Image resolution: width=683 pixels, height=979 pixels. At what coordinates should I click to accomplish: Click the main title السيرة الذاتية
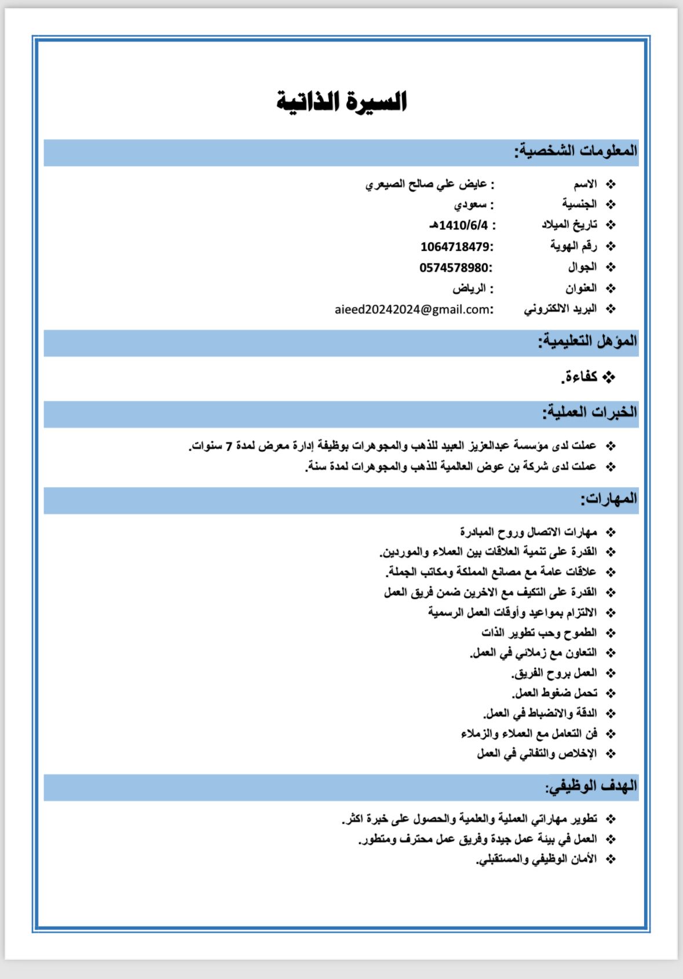341,101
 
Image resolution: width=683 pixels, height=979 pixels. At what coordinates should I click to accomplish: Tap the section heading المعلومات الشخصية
576,151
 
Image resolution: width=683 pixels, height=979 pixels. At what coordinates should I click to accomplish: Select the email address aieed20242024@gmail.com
412,309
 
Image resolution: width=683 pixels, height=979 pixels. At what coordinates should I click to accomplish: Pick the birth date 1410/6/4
462,225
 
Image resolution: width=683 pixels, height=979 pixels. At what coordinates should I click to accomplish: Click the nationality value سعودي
470,204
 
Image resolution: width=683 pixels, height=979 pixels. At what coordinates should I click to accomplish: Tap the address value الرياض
469,288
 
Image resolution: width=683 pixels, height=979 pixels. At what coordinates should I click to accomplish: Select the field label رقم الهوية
573,246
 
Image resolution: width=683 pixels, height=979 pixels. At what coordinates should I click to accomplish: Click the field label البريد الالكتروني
560,309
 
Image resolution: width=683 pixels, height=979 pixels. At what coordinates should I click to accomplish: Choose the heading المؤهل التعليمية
587,341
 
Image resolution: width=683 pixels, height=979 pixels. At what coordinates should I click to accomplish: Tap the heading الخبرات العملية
590,412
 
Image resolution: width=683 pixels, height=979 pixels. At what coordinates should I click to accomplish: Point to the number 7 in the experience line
228,447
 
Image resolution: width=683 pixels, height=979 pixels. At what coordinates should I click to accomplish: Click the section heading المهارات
609,499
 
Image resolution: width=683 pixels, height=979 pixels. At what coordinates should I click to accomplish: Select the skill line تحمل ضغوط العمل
554,693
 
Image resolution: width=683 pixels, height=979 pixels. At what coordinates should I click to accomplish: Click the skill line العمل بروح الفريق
554,673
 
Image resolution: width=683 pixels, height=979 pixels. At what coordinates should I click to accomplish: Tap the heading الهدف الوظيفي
591,786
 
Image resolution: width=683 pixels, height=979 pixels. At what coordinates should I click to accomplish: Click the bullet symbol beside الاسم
611,185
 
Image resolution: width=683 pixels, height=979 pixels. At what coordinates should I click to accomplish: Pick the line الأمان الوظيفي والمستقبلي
536,859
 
